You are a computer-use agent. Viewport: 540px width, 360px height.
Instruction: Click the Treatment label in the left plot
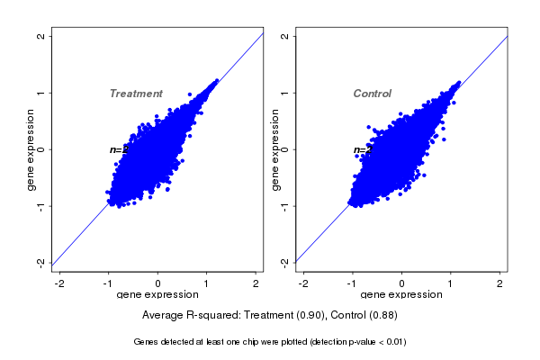pos(136,94)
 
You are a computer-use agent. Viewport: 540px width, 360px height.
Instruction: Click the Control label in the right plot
pos(372,94)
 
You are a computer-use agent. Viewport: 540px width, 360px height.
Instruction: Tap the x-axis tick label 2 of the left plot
pos(256,284)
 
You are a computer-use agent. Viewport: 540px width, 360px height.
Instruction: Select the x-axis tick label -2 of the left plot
pos(59,284)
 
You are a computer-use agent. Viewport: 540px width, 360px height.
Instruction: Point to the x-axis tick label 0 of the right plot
pos(402,284)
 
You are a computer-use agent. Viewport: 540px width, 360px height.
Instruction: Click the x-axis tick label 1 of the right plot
pos(451,284)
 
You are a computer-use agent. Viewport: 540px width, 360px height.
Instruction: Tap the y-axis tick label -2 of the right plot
pos(285,262)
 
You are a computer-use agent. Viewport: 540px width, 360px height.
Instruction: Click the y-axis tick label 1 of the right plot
pos(285,93)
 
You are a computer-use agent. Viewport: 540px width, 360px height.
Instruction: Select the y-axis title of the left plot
pos(31,149)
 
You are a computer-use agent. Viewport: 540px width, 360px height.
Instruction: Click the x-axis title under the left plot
pos(157,295)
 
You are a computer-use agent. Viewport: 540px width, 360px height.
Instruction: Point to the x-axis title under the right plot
pos(401,295)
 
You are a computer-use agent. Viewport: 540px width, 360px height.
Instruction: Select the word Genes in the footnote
pos(146,342)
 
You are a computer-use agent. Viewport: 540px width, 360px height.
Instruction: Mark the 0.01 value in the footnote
pos(393,342)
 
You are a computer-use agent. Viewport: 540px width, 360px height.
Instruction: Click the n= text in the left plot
pos(115,149)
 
